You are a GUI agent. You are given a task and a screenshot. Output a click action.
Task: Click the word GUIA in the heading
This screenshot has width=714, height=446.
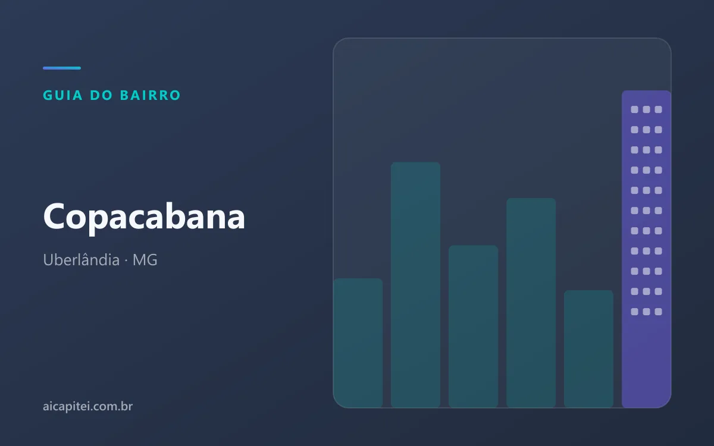tap(63, 95)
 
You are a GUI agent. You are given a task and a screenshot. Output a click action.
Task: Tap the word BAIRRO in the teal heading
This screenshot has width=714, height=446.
tap(151, 95)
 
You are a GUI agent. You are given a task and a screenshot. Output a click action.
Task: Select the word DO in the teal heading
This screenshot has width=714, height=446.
tap(101, 95)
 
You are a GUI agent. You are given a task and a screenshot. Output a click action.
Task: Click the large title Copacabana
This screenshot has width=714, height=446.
tap(144, 217)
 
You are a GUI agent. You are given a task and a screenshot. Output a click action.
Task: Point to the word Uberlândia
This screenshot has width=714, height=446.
tap(82, 260)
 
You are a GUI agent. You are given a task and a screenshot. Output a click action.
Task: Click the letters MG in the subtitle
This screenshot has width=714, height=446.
tap(145, 260)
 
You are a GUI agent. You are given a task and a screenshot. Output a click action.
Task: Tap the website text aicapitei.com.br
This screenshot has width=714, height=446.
tap(87, 406)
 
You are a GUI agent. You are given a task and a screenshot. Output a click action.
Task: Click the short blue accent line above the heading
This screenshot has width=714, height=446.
tap(62, 68)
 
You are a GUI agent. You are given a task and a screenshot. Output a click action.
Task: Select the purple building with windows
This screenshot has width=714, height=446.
tap(646, 249)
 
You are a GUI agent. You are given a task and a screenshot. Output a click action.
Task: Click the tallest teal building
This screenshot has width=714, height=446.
tap(416, 285)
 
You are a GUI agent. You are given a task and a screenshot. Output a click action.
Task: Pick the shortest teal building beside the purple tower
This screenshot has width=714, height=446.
tap(588, 349)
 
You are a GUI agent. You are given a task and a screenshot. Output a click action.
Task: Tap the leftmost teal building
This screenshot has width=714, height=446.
tap(358, 343)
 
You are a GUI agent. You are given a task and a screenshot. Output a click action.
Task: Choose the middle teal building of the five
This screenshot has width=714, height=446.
tap(474, 326)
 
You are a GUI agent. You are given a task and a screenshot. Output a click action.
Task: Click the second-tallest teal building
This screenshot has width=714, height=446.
tap(531, 303)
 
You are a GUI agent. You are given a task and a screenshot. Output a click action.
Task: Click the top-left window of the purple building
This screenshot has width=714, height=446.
tap(635, 109)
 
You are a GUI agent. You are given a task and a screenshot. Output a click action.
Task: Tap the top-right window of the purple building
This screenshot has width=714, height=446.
tap(659, 109)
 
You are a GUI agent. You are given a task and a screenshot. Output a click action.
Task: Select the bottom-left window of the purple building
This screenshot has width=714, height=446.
tap(635, 312)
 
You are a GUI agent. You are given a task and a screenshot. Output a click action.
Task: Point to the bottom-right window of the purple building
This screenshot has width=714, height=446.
tap(659, 312)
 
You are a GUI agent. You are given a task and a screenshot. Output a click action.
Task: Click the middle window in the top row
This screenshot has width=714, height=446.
tap(646, 109)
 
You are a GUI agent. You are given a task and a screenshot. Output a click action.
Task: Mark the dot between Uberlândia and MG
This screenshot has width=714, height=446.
tap(126, 260)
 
